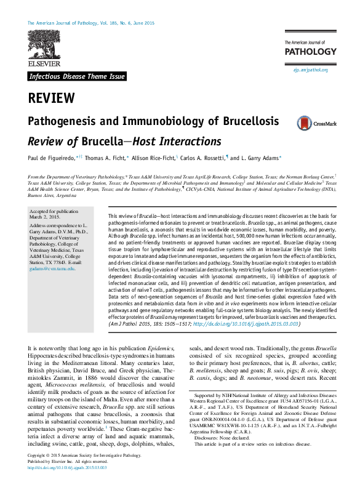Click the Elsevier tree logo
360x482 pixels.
[44, 49]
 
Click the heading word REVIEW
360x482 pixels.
[51, 98]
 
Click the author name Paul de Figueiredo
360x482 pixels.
[50, 159]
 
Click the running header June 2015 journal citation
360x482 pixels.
[92, 23]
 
